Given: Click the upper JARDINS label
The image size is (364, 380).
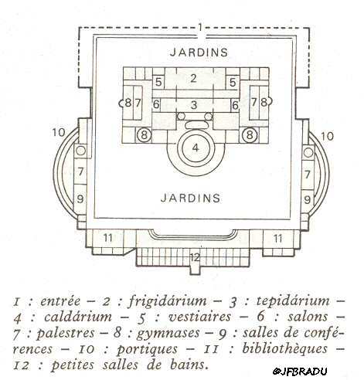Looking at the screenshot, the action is (199, 53).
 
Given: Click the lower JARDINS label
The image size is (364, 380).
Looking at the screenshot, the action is (191, 198).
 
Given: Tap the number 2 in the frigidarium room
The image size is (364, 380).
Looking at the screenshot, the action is (193, 78).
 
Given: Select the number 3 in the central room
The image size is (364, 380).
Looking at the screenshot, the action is (194, 105).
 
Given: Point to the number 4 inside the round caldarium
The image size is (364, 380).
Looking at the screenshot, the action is (196, 148).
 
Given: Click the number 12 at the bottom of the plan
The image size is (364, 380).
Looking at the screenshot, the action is (195, 257).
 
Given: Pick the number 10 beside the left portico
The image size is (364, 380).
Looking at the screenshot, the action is (59, 132).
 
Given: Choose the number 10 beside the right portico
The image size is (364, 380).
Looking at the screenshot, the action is (327, 136).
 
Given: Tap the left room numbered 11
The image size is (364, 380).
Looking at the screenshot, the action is (107, 237).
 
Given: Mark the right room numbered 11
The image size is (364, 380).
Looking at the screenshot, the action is (277, 239).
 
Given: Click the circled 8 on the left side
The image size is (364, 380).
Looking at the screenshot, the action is (144, 134).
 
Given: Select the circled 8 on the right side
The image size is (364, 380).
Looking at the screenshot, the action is (249, 134).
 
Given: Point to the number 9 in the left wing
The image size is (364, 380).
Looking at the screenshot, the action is (80, 198).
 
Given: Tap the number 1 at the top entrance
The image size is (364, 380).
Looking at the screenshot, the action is (200, 26).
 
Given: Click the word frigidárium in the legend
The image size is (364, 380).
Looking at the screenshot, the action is (168, 300).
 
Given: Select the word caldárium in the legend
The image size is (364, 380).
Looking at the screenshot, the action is (78, 317).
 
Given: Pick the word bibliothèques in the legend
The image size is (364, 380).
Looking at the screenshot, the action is (284, 348).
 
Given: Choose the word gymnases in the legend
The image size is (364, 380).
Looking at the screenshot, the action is (168, 334).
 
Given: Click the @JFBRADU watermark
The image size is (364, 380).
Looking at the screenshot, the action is (300, 372).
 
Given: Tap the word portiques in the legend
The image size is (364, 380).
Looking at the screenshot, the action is (147, 349).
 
